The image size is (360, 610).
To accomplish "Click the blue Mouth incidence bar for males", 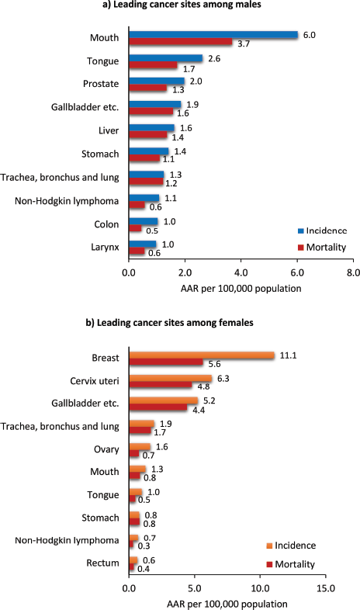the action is pyautogui.click(x=213, y=35).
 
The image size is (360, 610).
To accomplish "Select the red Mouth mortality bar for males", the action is pyautogui.click(x=181, y=42).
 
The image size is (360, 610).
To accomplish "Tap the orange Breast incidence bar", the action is pyautogui.click(x=202, y=355).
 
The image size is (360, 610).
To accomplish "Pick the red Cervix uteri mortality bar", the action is pyautogui.click(x=161, y=385).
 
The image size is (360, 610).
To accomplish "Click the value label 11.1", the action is pyautogui.click(x=288, y=355).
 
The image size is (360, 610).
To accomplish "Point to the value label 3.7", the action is pyautogui.click(x=244, y=43).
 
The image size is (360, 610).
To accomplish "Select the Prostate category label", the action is pyautogui.click(x=101, y=84).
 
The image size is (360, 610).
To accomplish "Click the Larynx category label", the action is pyautogui.click(x=105, y=247).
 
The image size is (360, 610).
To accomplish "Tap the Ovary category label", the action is pyautogui.click(x=106, y=449).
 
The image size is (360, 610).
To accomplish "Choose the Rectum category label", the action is pyautogui.click(x=102, y=563).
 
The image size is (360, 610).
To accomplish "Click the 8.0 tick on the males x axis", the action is pyautogui.click(x=353, y=272).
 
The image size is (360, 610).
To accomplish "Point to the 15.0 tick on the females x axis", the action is pyautogui.click(x=326, y=587).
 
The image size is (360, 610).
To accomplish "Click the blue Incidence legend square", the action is pyautogui.click(x=300, y=231).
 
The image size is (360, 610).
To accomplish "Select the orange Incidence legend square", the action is pyautogui.click(x=269, y=546).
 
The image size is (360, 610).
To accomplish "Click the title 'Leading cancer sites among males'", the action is pyautogui.click(x=188, y=5).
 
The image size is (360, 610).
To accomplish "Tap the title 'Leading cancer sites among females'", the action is pyautogui.click(x=175, y=323).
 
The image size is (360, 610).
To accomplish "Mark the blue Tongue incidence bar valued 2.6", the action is pyautogui.click(x=166, y=58).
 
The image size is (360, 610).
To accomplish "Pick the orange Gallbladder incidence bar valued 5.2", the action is pyautogui.click(x=164, y=400).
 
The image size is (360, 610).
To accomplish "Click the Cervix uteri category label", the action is pyautogui.click(x=95, y=381).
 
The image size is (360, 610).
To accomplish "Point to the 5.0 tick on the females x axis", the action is pyautogui.click(x=195, y=587).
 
